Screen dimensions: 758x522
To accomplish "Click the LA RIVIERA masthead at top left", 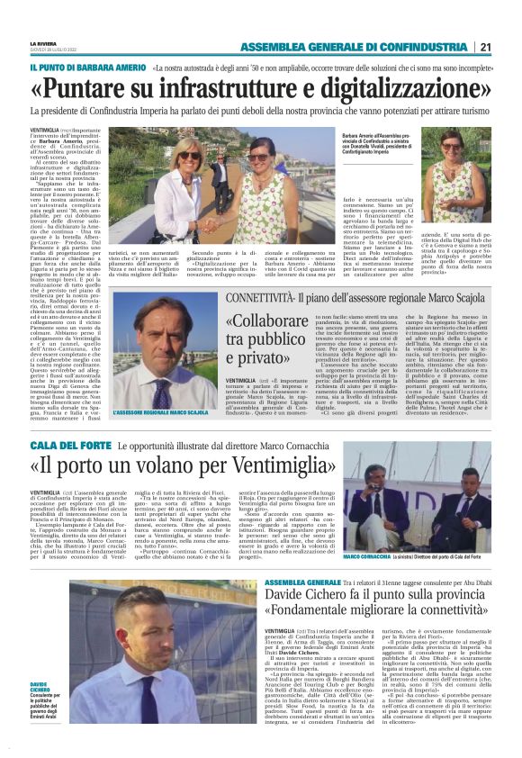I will tap(45, 42).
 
